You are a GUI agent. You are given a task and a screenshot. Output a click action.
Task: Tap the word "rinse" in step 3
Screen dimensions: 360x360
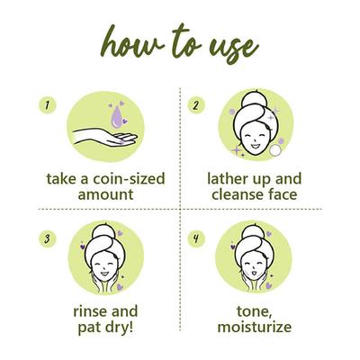click(x=84, y=311)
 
